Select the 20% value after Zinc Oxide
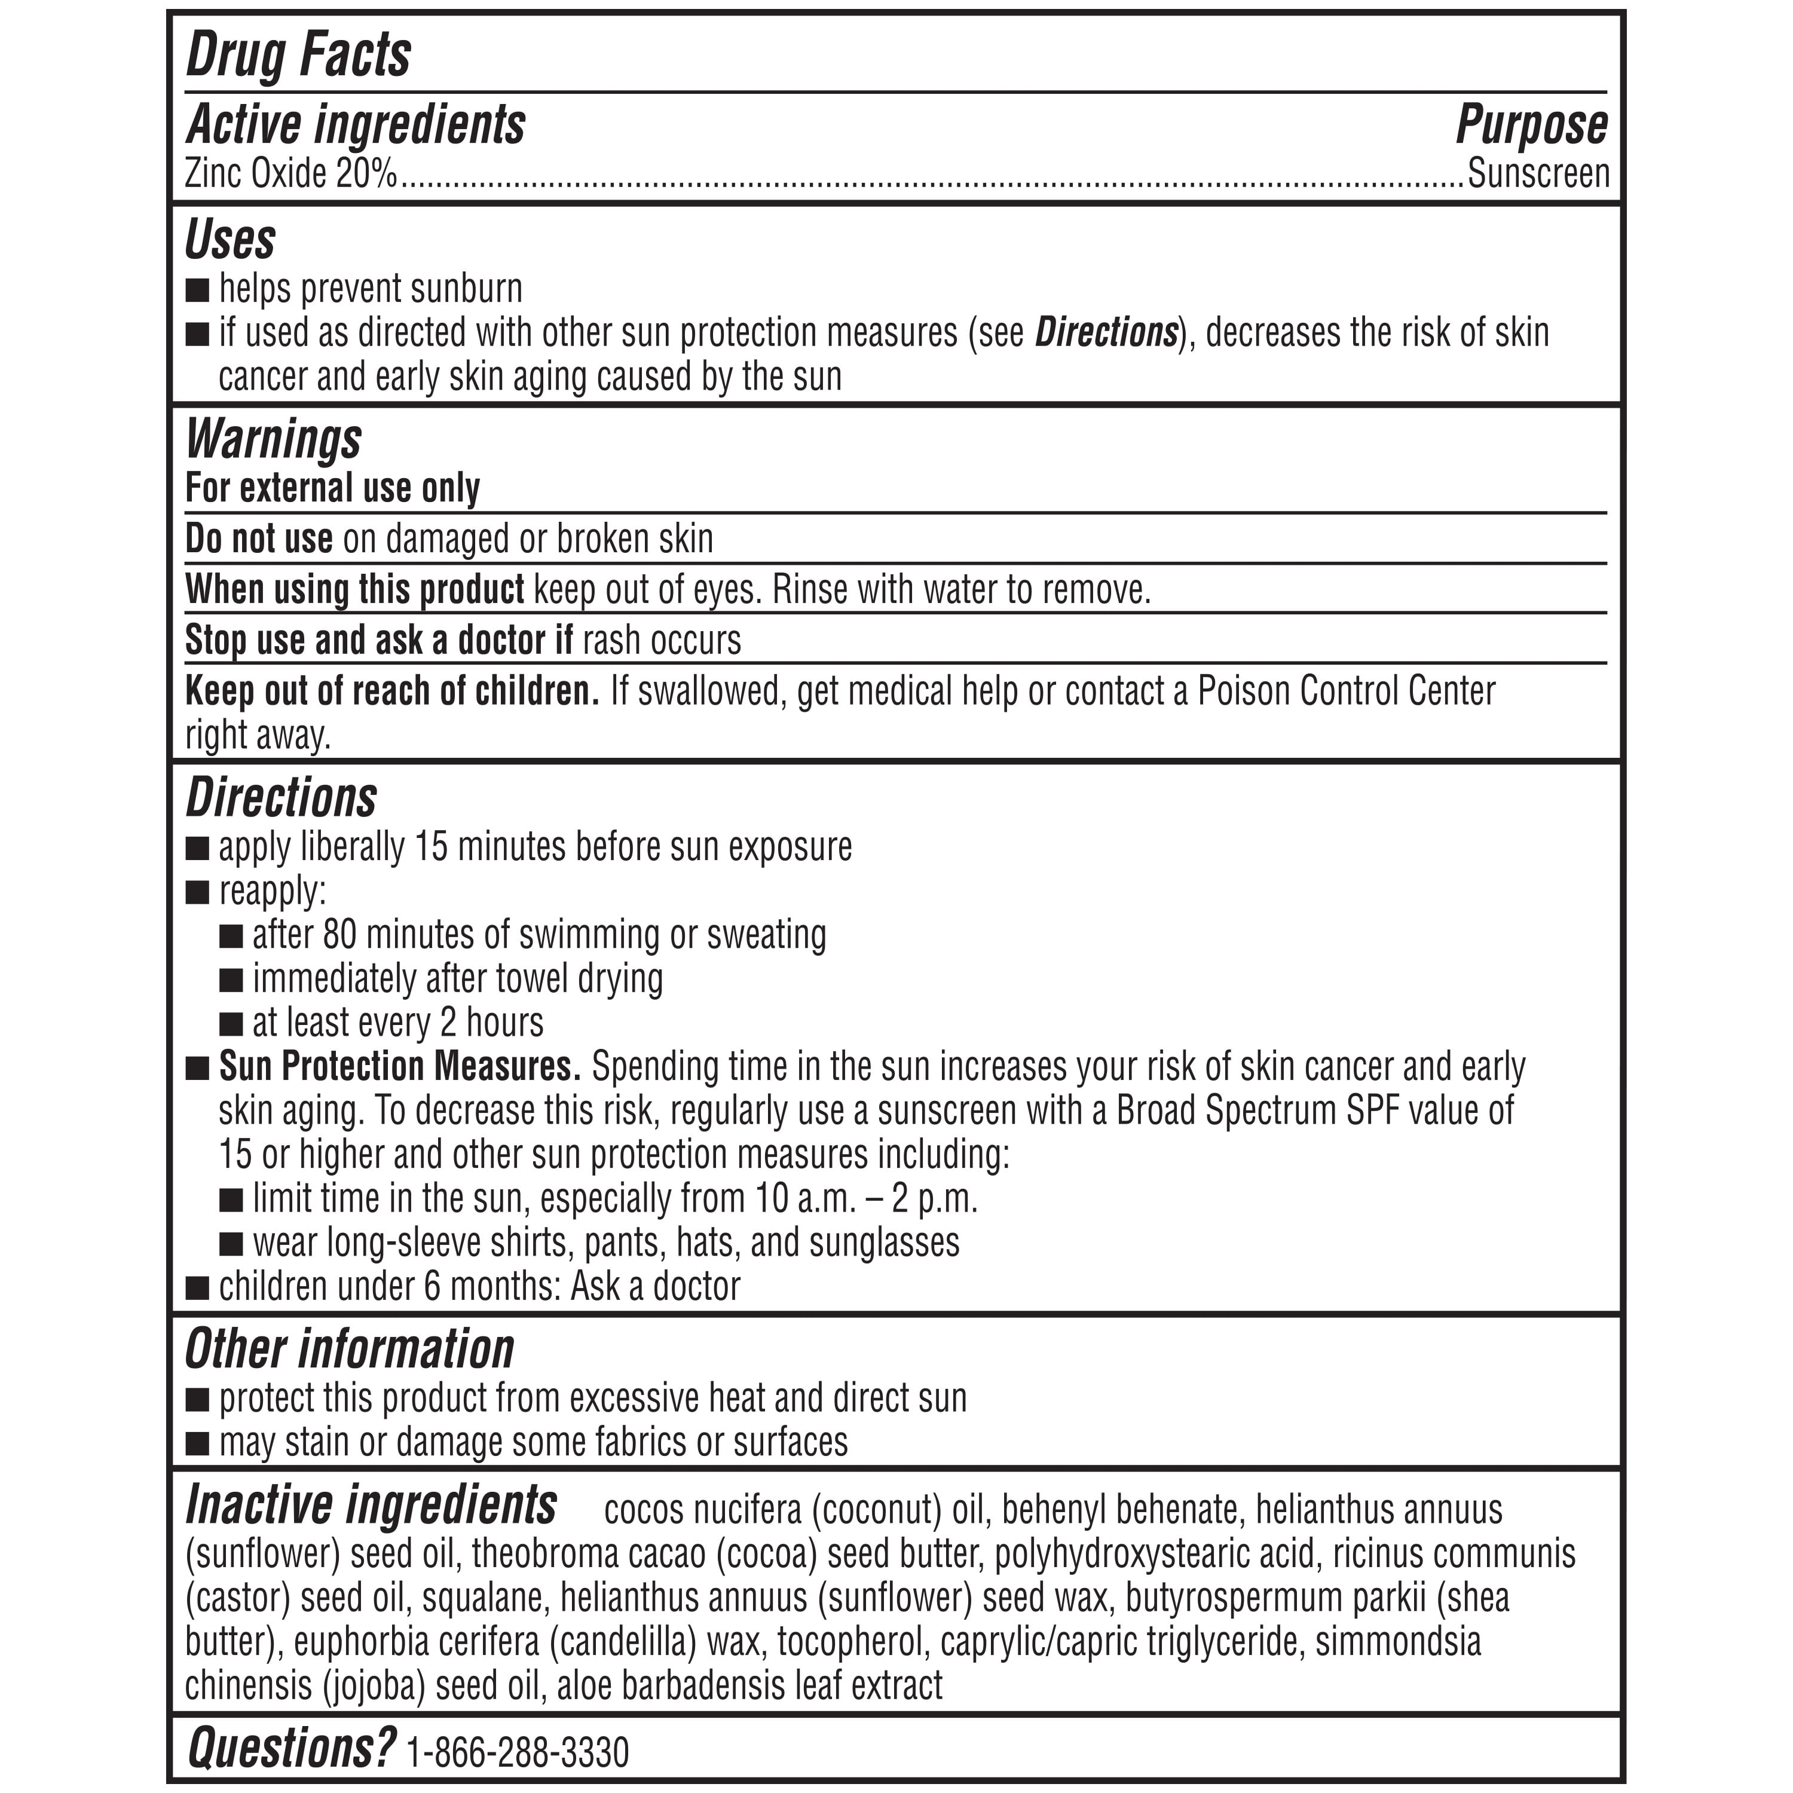point(366,173)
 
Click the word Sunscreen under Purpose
point(1538,173)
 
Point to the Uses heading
point(230,240)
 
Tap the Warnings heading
point(274,438)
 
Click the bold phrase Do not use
point(259,538)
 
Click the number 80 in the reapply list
point(339,935)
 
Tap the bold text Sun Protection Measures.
point(399,1066)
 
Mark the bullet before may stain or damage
point(197,1444)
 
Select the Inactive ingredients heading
point(371,1506)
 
